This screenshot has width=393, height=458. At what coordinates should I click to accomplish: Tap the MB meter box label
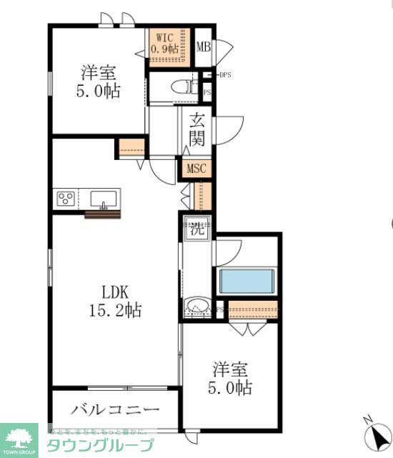click(x=204, y=46)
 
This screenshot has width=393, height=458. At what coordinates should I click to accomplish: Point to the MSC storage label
click(x=196, y=169)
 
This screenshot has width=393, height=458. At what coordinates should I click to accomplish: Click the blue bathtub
click(x=247, y=281)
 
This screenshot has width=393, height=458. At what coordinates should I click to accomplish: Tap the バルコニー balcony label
click(x=115, y=410)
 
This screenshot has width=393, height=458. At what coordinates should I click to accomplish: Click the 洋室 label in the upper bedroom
click(x=99, y=72)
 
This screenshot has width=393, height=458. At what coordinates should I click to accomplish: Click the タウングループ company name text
click(x=100, y=445)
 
